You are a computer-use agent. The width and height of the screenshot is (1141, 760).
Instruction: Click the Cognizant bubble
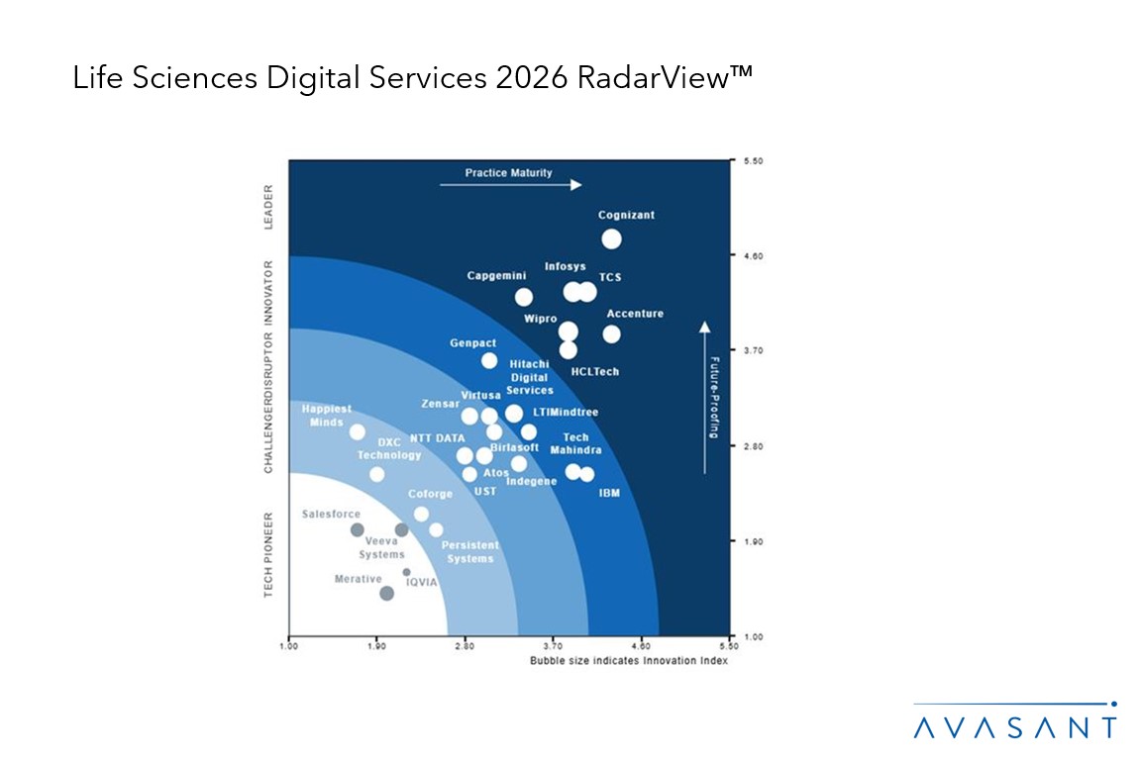point(611,238)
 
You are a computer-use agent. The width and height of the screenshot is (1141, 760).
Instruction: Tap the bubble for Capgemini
point(524,297)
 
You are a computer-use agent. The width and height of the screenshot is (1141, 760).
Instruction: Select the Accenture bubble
point(611,334)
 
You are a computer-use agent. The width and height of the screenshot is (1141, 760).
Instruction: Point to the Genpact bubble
point(489,361)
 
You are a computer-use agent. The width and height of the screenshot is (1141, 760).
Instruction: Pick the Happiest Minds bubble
point(358,431)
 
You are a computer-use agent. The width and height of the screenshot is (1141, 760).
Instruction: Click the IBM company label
point(609,492)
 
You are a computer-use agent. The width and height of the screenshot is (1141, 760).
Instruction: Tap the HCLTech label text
point(595,371)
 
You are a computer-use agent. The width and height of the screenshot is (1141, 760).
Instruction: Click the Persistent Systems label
point(469,552)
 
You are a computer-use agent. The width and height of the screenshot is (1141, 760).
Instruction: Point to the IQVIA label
point(421,582)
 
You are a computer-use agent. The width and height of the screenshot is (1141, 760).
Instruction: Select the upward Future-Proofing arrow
point(703,396)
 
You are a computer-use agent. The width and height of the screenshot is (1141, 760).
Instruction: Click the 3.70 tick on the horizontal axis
point(553,645)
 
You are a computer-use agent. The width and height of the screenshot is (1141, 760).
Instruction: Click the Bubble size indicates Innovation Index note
point(628,660)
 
